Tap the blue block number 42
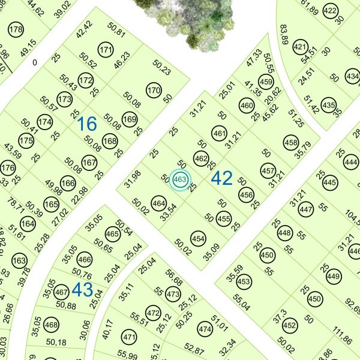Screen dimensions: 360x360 point(222,178)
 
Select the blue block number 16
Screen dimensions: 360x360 point(87,124)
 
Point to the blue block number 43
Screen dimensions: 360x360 point(82,290)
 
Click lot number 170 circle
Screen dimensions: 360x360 point(154,91)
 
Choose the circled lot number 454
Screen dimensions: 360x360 point(198,239)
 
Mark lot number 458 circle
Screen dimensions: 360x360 point(291,143)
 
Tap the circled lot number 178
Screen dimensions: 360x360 point(16,31)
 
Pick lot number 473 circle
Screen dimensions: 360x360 point(173,295)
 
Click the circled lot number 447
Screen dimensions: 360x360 point(306,210)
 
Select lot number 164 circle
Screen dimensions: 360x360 point(28,224)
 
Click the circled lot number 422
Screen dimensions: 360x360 point(330,11)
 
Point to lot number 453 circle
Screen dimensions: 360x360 point(244,281)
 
